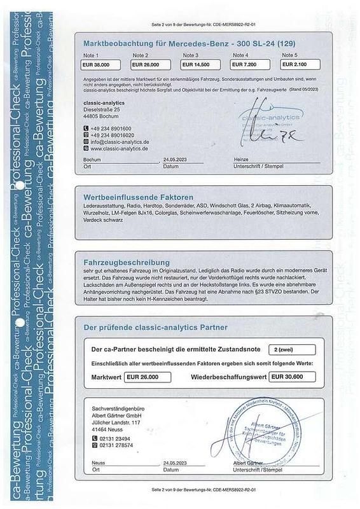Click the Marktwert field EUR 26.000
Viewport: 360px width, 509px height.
[148, 377]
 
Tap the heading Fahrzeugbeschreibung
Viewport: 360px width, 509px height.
[127, 262]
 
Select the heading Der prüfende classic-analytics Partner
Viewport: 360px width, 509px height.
[155, 327]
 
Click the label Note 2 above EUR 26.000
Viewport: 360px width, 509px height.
[140, 56]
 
